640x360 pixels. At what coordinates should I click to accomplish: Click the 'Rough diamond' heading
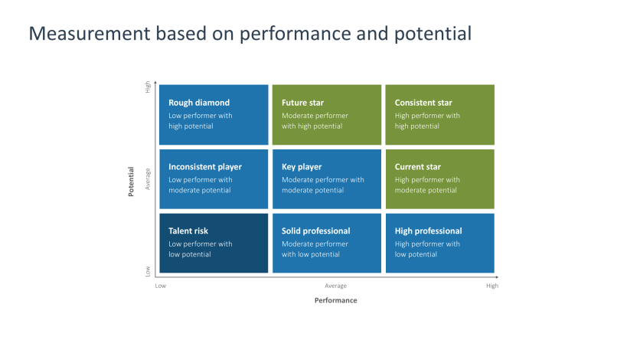point(199,103)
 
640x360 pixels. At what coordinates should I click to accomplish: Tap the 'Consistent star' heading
point(423,103)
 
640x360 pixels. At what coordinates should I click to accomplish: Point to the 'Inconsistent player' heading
point(205,167)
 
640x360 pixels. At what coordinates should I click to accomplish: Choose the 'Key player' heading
point(302,167)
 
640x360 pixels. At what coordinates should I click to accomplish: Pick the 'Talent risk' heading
point(188,231)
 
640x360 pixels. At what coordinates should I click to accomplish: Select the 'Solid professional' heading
point(316,231)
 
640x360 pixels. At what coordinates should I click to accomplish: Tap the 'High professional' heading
point(429,231)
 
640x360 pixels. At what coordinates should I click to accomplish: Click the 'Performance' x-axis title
point(335,300)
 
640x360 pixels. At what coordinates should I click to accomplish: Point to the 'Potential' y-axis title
point(131,182)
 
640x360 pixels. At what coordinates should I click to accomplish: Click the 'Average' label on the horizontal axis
point(335,286)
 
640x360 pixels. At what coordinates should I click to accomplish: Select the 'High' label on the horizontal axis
point(491,286)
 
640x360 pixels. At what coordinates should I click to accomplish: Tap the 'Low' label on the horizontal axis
point(161,286)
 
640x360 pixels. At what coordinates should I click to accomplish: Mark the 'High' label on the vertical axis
point(148,87)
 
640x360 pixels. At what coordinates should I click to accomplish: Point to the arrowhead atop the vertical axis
point(155,82)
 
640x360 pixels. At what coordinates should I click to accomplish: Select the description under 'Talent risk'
point(201,249)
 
